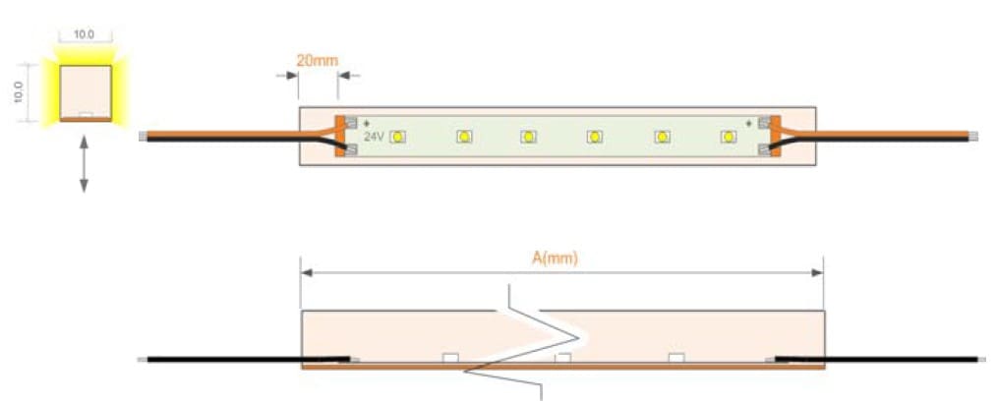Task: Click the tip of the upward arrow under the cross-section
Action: [x=84, y=135]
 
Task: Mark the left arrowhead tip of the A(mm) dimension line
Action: [x=301, y=273]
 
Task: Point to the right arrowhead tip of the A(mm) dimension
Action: [x=824, y=273]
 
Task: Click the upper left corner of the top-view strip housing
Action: [x=300, y=107]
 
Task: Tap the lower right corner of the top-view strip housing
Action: [x=816, y=165]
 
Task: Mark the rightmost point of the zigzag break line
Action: [x=578, y=336]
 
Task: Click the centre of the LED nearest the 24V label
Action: [x=398, y=137]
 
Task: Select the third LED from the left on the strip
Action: [x=528, y=137]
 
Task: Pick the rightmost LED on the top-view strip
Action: [x=729, y=137]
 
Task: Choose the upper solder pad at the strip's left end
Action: [x=351, y=125]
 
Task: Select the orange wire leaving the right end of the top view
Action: [x=878, y=135]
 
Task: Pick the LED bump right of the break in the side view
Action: [x=675, y=358]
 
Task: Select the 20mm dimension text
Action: [x=318, y=61]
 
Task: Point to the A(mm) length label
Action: [x=555, y=259]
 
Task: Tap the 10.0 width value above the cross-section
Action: [x=84, y=35]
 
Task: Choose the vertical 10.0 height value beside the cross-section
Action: [x=19, y=92]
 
